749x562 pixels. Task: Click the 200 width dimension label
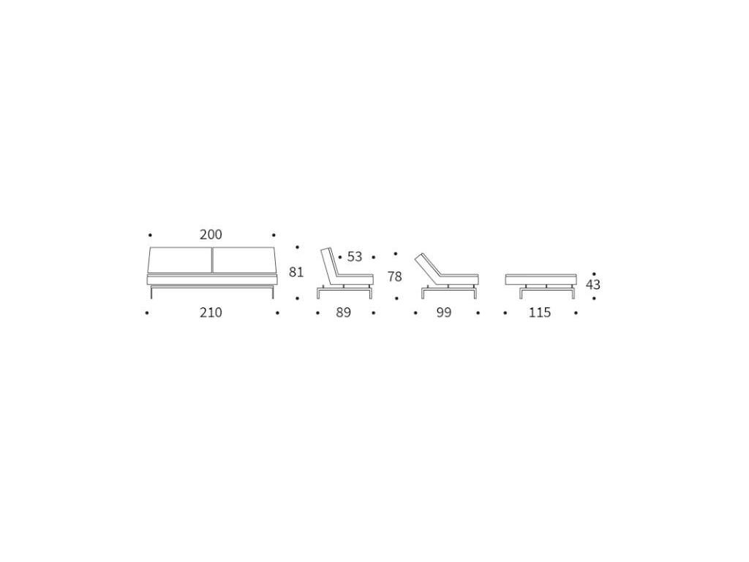click(211, 235)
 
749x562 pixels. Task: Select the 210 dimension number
click(211, 312)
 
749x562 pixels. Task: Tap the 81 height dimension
click(296, 272)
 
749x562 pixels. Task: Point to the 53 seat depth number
click(355, 257)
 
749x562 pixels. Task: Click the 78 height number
click(394, 277)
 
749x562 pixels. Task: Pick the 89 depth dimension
click(344, 312)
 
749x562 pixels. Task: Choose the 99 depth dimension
click(444, 312)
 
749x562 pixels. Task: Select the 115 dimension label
click(540, 312)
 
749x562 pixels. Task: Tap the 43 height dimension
click(592, 285)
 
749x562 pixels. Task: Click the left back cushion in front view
click(180, 261)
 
